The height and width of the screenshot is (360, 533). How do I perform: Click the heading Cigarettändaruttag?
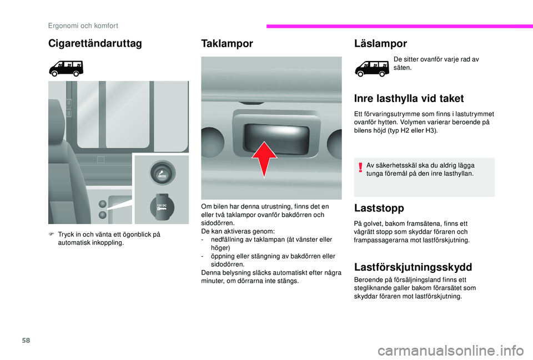click(x=95, y=43)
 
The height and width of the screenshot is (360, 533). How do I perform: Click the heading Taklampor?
click(x=227, y=44)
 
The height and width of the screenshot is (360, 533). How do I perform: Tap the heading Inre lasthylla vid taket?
click(x=409, y=99)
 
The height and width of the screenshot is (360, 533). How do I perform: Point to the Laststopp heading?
click(x=379, y=208)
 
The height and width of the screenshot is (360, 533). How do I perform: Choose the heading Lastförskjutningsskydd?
click(x=413, y=266)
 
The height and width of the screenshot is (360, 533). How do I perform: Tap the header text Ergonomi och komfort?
click(x=83, y=25)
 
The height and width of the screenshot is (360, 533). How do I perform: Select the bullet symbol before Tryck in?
click(x=51, y=234)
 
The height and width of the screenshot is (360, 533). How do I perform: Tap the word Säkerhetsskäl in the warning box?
click(x=395, y=165)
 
